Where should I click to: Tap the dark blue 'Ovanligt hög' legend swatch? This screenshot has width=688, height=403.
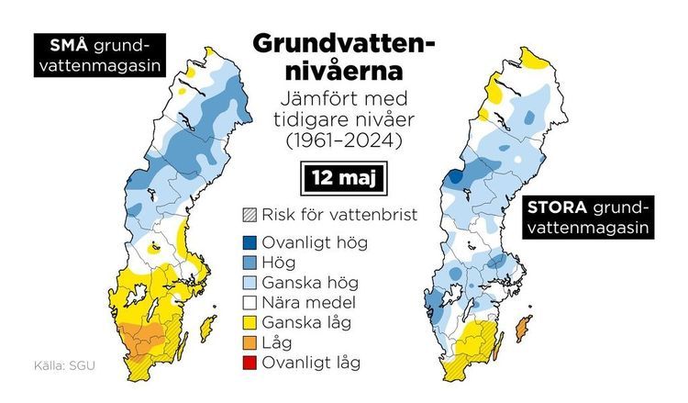pyautogui.click(x=248, y=243)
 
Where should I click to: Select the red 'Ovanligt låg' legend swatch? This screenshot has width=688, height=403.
pyautogui.click(x=248, y=363)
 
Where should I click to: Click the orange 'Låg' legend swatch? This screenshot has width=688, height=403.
pyautogui.click(x=248, y=342)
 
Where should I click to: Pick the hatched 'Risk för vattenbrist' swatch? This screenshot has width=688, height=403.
pyautogui.click(x=248, y=216)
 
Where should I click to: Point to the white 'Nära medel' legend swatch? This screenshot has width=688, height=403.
pyautogui.click(x=248, y=302)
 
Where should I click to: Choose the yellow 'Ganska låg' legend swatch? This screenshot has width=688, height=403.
pyautogui.click(x=248, y=322)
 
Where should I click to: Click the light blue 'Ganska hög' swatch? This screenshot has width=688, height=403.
pyautogui.click(x=248, y=283)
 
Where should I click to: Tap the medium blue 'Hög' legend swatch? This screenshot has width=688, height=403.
pyautogui.click(x=248, y=263)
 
